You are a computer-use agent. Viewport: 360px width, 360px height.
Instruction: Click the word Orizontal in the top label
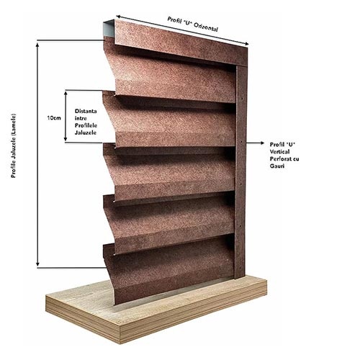point(205,27)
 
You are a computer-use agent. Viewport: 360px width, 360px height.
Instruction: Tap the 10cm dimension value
point(54,118)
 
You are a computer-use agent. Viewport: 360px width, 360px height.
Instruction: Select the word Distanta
point(86,111)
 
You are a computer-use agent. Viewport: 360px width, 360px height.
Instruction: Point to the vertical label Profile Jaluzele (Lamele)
point(14,145)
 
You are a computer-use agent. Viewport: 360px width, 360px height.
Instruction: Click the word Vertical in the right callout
point(279,152)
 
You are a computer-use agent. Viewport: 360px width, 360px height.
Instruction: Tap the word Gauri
point(277,166)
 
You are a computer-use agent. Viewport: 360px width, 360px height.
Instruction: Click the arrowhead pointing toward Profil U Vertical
point(261,143)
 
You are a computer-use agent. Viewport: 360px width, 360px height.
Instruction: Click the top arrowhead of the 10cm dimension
point(66,93)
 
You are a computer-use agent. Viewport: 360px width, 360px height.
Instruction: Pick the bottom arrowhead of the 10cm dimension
point(66,139)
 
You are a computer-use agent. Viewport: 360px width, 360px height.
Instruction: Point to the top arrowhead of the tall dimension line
point(37,45)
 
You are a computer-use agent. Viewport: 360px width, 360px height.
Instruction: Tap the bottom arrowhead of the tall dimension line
point(37,264)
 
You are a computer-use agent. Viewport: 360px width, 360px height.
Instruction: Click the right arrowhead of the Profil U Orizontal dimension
point(246,44)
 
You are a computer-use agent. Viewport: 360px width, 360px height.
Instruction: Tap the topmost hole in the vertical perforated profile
point(242,99)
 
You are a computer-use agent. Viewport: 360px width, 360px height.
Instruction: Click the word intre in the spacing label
point(81,118)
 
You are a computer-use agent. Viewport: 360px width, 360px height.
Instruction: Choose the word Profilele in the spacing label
point(86,125)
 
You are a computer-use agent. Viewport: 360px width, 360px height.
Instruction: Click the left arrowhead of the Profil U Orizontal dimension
point(119,17)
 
